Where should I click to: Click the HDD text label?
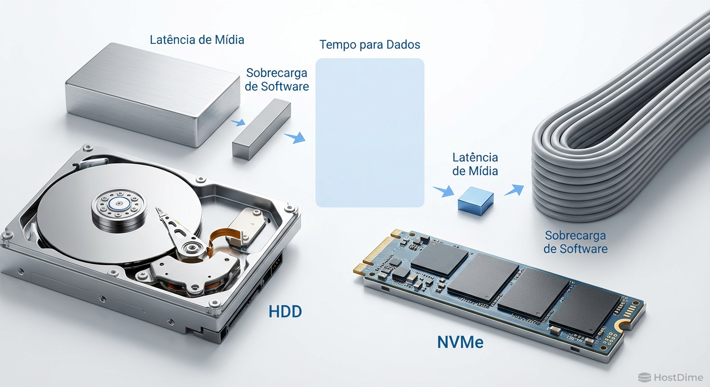pyautogui.click(x=285, y=311)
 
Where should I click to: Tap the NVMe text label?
pyautogui.click(x=460, y=342)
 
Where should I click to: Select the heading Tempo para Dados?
pyautogui.click(x=370, y=44)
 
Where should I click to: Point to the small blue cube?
pyautogui.click(x=476, y=203)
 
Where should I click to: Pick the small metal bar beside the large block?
pyautogui.click(x=261, y=129)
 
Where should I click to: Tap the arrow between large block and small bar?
pyautogui.click(x=238, y=122)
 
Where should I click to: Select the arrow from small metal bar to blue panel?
pyautogui.click(x=295, y=138)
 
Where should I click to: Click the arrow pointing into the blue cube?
pyautogui.click(x=443, y=191)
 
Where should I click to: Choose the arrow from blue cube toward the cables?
pyautogui.click(x=514, y=190)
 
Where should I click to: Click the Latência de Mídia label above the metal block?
pyautogui.click(x=197, y=39)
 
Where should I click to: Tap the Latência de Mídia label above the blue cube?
pyautogui.click(x=475, y=164)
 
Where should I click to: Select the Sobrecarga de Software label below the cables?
pyautogui.click(x=575, y=242)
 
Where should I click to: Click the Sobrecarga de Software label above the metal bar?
pyautogui.click(x=277, y=80)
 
